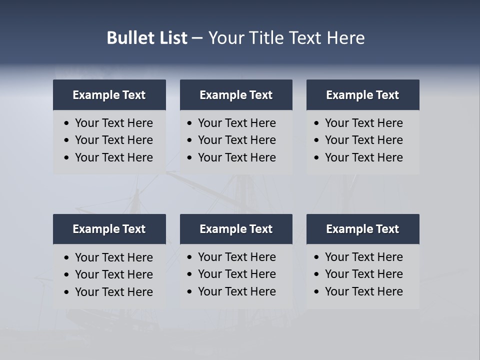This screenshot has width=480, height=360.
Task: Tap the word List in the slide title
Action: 171,38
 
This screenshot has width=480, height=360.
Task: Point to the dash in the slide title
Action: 197,38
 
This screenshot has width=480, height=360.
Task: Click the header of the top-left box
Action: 109,95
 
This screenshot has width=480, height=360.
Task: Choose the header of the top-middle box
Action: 236,95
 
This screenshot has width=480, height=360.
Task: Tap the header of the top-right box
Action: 362,95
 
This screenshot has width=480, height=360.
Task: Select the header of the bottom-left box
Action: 109,229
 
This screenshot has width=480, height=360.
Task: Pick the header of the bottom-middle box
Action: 236,229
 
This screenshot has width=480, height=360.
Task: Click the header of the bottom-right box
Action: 362,229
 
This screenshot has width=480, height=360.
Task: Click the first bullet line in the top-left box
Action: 113,123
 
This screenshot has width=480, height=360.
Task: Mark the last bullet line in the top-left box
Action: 113,157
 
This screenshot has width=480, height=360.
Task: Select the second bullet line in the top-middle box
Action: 236,140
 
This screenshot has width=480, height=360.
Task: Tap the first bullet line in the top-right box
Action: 363,123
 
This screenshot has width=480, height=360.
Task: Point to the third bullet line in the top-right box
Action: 363,157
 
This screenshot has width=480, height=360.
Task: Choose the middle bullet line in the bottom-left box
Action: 113,274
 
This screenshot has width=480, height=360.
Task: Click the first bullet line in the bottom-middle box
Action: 236,257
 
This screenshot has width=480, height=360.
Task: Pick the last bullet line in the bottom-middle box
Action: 236,291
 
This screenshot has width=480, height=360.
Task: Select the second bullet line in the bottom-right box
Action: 363,274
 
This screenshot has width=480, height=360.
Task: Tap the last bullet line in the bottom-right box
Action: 363,291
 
